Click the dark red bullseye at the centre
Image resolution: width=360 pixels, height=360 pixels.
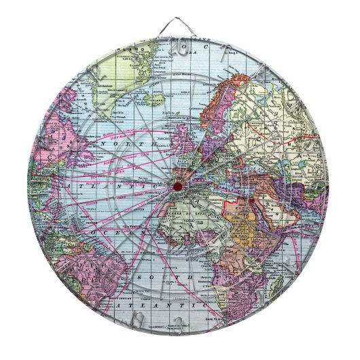pyautogui.click(x=178, y=185)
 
